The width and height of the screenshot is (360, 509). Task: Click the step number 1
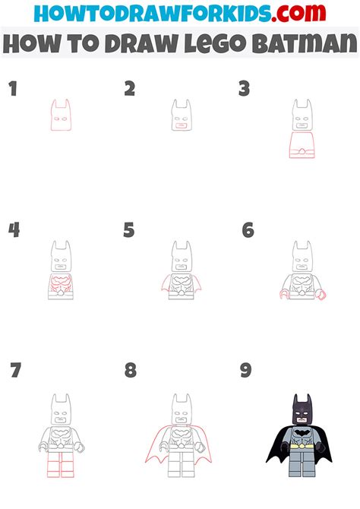(x=13, y=89)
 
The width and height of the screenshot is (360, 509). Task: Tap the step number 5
(x=129, y=230)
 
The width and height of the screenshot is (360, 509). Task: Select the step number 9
(x=246, y=370)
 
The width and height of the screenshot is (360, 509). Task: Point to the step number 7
(x=15, y=370)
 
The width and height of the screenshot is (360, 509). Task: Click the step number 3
(x=244, y=89)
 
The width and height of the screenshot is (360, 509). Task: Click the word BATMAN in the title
(x=305, y=43)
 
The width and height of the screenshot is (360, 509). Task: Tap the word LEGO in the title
(x=215, y=44)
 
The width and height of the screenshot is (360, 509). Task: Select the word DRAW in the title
(x=141, y=43)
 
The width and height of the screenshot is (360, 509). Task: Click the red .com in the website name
(x=298, y=13)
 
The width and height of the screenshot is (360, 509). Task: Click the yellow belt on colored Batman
(x=302, y=447)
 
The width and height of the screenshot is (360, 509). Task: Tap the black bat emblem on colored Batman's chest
(x=302, y=432)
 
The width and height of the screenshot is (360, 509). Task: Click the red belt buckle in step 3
(x=302, y=151)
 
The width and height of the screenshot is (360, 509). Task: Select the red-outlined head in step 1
(x=61, y=115)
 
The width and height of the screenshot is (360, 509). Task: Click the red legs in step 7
(x=61, y=464)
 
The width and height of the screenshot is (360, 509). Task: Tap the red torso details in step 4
(x=60, y=283)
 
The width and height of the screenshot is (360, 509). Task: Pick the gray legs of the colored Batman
(x=302, y=463)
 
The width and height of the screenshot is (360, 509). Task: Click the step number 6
(x=248, y=230)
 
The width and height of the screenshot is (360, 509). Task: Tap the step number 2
(x=130, y=89)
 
